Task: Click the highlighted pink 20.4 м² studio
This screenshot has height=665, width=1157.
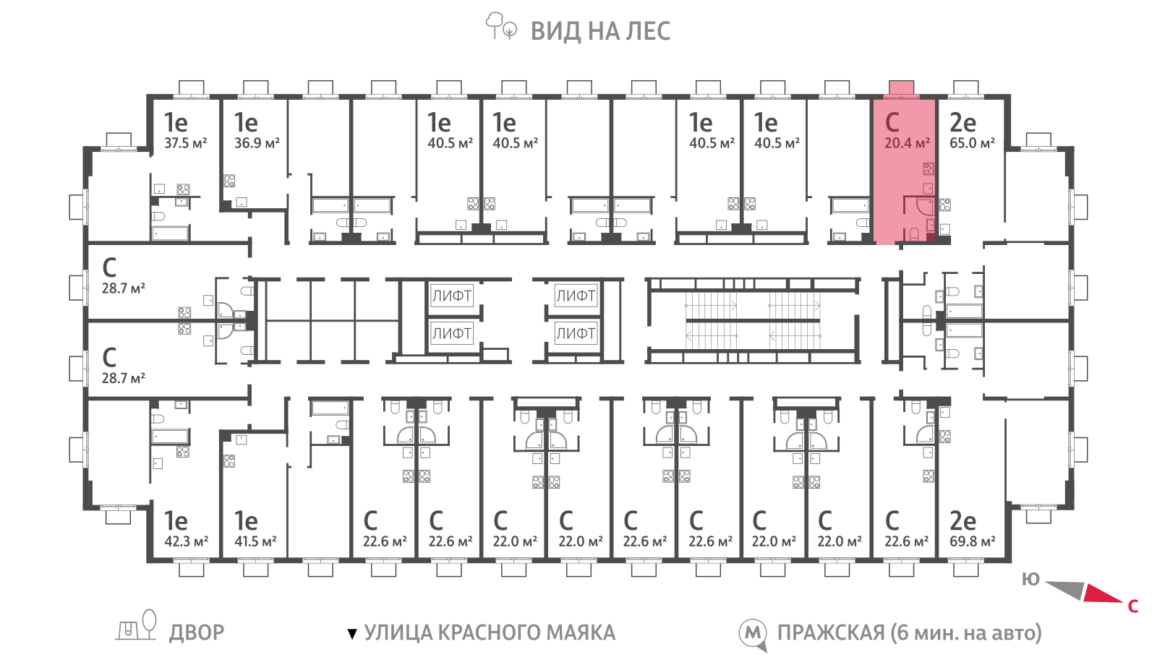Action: click(x=904, y=171)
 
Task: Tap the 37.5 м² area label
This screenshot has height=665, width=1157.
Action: click(x=185, y=143)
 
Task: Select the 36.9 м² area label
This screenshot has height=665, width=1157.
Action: click(x=257, y=143)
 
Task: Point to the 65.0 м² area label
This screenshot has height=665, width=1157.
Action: click(x=972, y=143)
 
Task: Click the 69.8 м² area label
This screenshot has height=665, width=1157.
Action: click(x=973, y=541)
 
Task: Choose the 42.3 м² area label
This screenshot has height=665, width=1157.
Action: click(x=186, y=541)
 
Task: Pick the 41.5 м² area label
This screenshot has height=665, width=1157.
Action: click(x=255, y=541)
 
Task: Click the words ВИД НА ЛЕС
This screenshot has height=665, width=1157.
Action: click(x=600, y=32)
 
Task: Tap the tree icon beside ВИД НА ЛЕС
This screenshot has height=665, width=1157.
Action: click(x=500, y=26)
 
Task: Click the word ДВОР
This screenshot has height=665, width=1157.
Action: click(x=197, y=632)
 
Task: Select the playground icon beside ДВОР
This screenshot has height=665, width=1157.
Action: click(x=136, y=625)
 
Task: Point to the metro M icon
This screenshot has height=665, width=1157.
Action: click(x=753, y=634)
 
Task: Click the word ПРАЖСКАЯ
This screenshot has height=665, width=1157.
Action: click(x=831, y=632)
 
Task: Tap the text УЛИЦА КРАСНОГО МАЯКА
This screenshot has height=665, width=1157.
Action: click(x=490, y=632)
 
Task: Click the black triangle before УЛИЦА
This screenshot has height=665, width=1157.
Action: click(x=352, y=633)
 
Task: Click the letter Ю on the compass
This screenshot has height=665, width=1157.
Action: click(x=1030, y=579)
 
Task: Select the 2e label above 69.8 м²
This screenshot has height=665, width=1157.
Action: click(x=962, y=521)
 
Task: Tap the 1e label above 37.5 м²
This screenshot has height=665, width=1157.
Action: click(x=176, y=122)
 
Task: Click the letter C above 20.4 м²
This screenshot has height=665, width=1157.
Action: click(x=892, y=122)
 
